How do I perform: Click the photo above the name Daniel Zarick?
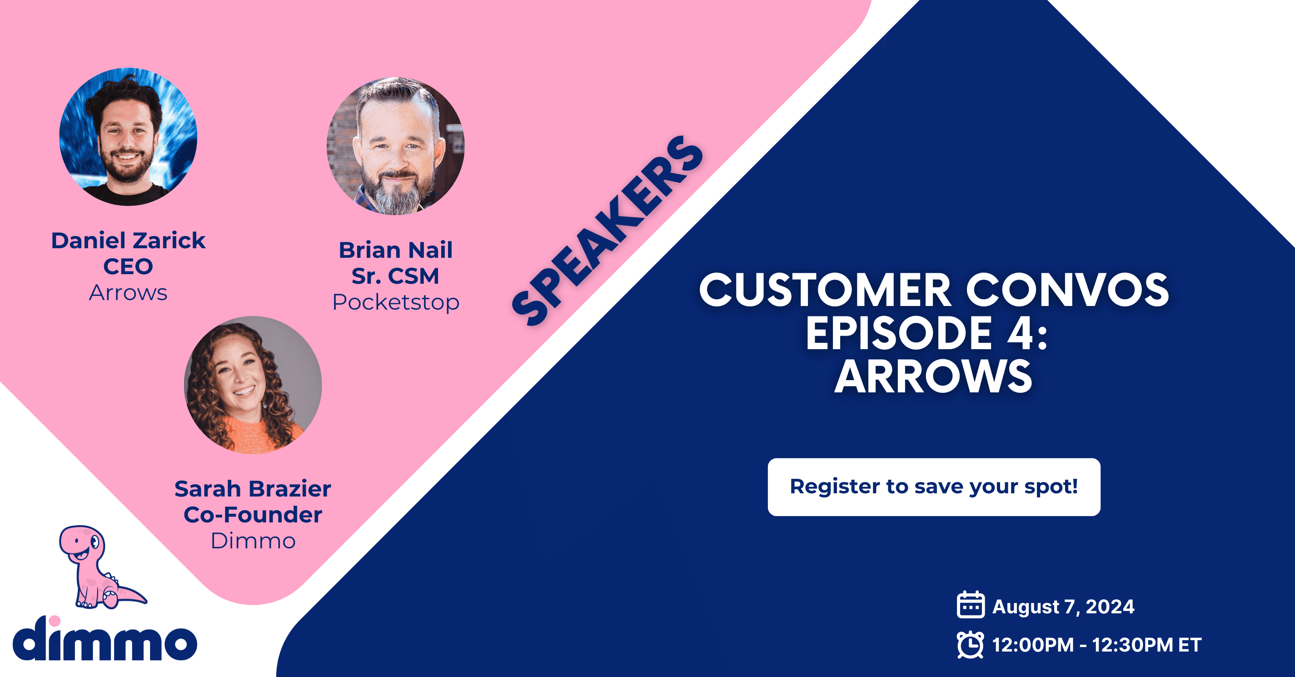(x=128, y=137)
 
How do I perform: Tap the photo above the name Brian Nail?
(x=396, y=146)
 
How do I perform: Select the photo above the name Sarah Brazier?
(x=253, y=385)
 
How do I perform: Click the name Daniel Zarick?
(x=128, y=241)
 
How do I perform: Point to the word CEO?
(x=128, y=266)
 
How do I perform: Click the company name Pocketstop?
(x=396, y=302)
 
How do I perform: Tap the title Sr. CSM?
(x=396, y=276)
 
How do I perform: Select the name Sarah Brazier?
(x=253, y=489)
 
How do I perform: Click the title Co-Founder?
(x=253, y=515)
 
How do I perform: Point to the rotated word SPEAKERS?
(x=607, y=231)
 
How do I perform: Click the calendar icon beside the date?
(x=970, y=605)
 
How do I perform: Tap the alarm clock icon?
(x=970, y=644)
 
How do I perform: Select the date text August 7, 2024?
(x=1063, y=607)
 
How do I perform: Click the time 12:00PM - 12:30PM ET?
(x=1097, y=645)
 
